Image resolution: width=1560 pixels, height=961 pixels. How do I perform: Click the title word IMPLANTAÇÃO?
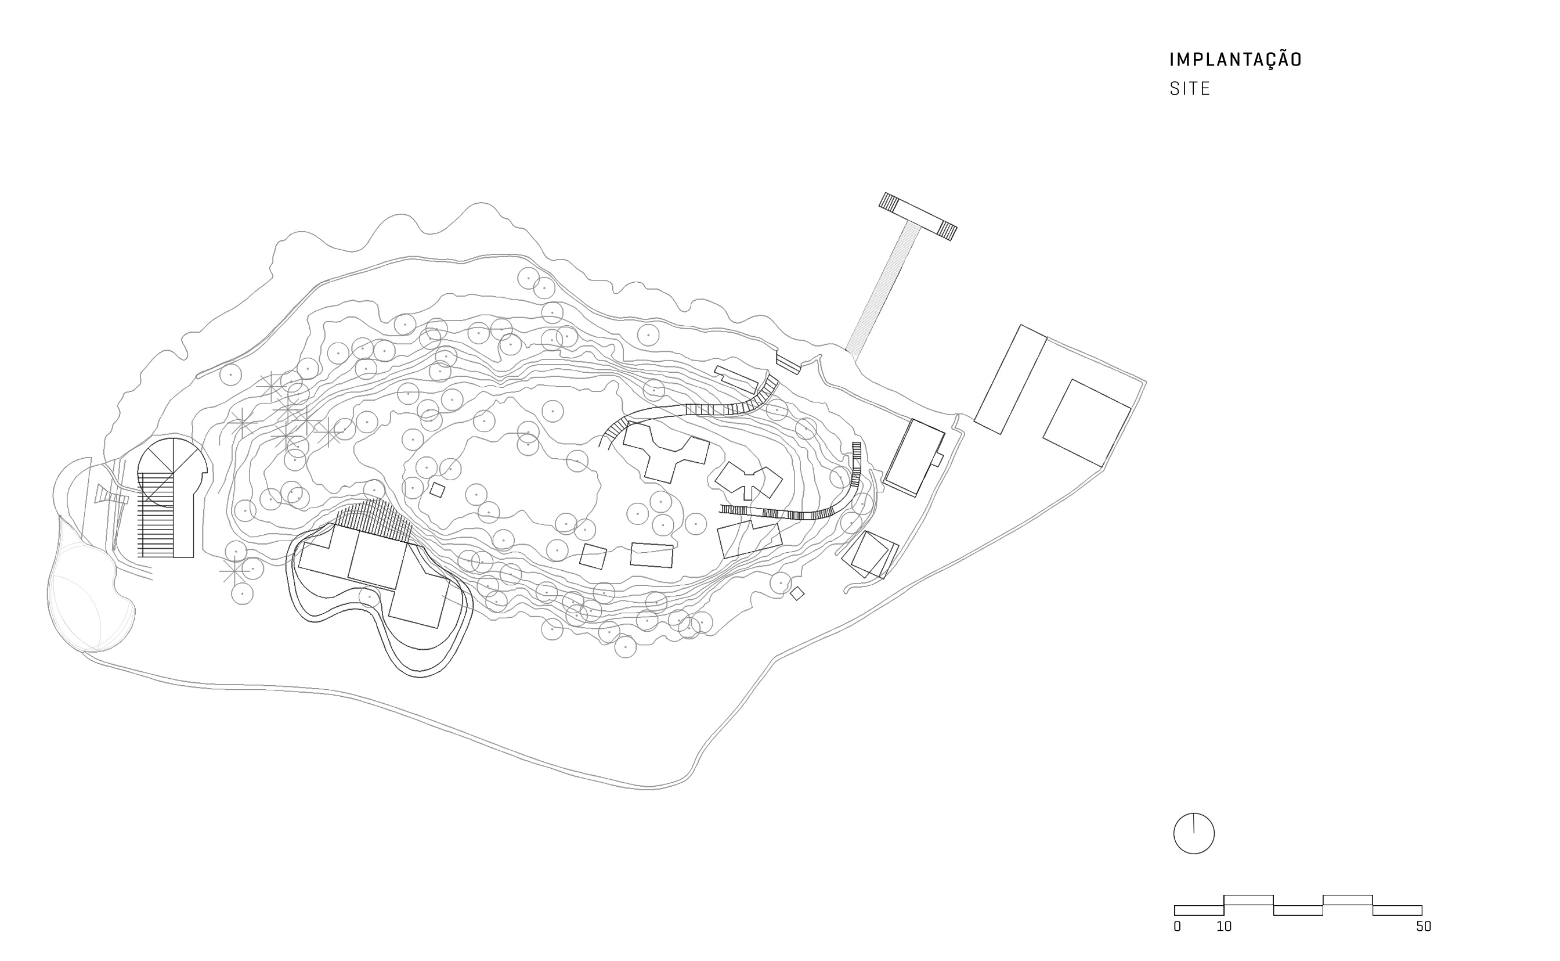point(1236,60)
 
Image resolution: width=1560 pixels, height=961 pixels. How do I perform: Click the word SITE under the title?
point(1190,89)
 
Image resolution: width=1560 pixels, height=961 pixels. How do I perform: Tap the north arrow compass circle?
point(1193,833)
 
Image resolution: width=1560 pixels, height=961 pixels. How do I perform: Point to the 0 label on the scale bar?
point(1177,927)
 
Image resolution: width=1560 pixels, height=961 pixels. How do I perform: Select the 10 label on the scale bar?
point(1224,927)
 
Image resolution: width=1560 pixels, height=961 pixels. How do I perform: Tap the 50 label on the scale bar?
point(1424,927)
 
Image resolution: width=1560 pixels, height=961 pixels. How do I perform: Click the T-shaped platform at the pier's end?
point(918,216)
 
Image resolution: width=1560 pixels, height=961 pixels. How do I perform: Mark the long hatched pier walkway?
point(882,289)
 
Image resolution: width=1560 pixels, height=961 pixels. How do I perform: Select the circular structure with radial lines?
point(172,472)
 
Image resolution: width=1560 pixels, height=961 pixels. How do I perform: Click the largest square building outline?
point(1087,423)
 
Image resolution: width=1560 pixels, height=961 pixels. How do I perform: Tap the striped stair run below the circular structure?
point(156,515)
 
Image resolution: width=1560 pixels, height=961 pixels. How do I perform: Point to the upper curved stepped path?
point(689,409)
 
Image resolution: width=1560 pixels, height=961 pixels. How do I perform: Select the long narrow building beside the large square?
point(1010,379)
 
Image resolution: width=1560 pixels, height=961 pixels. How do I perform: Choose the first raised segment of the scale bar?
point(1248,900)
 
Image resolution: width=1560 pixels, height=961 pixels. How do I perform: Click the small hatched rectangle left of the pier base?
point(788,364)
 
